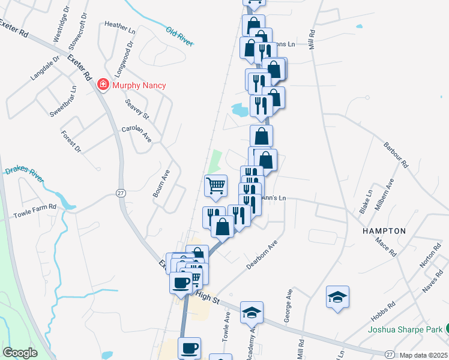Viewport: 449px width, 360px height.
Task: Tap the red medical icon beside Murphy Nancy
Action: pos(103,85)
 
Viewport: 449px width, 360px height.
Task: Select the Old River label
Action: pos(179,35)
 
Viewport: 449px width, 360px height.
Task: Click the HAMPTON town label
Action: pos(384,231)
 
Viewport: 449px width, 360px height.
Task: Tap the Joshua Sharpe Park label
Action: pos(405,329)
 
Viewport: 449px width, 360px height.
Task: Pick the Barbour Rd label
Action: pos(396,155)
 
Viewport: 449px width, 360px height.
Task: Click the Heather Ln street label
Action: pos(117,25)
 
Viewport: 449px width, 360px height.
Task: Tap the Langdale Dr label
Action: pos(45,68)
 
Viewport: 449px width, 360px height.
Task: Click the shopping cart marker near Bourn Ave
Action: pos(215,185)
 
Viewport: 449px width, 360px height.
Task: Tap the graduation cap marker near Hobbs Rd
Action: pos(337,296)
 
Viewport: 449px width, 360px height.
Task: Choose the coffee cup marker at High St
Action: pos(181,282)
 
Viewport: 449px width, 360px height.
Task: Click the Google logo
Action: pos(20,353)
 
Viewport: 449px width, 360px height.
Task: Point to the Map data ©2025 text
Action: pos(423,355)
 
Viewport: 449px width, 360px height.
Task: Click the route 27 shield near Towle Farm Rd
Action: pos(121,192)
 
